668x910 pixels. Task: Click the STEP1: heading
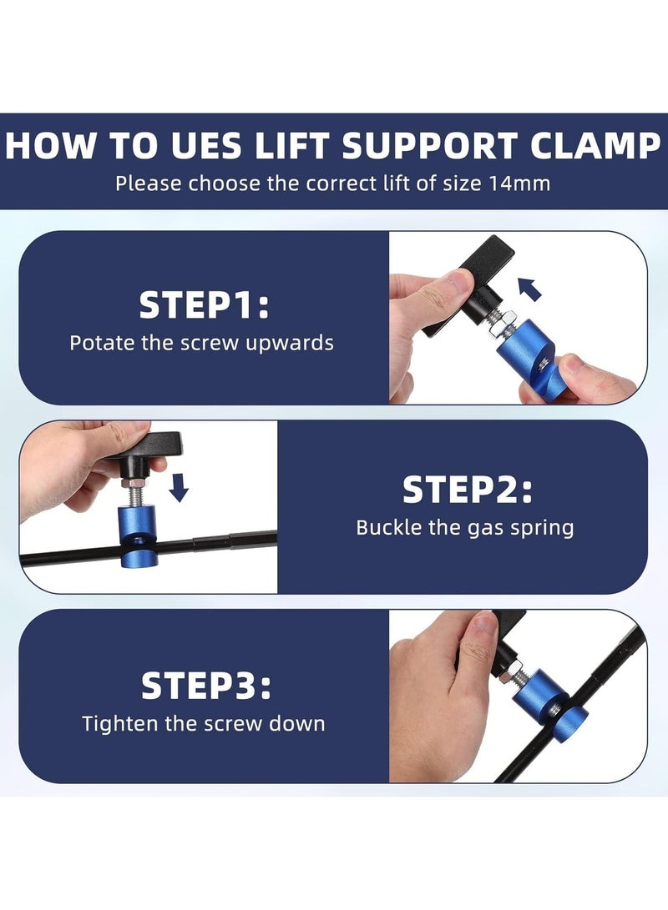click(205, 305)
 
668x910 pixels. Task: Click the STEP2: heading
click(467, 490)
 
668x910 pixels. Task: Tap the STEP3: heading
click(205, 686)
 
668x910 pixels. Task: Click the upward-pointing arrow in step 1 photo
click(529, 289)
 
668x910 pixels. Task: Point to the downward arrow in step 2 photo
click(177, 489)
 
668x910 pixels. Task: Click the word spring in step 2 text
click(547, 528)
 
